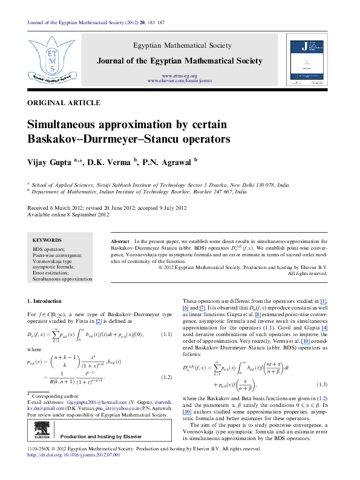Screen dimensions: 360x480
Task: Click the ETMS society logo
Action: pos(47,58)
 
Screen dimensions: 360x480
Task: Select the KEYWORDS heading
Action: pos(48,240)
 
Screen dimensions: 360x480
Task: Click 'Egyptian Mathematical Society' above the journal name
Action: pos(181,45)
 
